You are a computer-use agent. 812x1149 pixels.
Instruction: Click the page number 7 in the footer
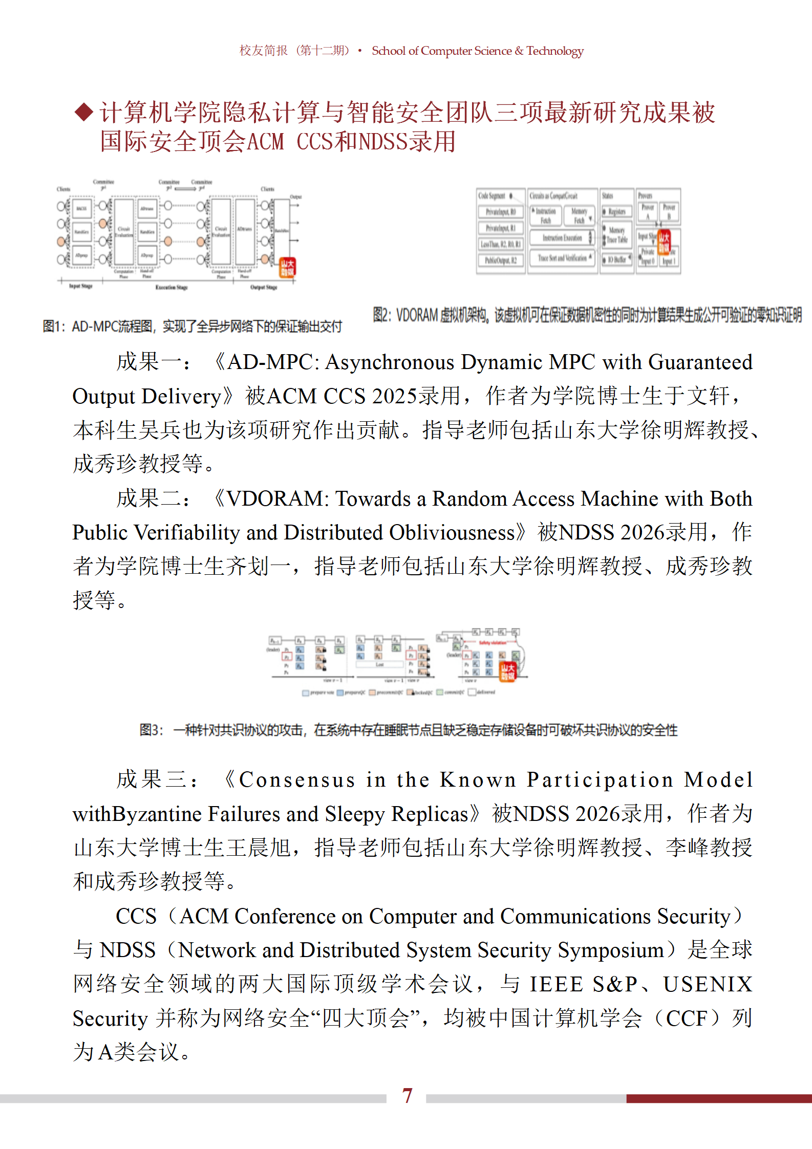pyautogui.click(x=407, y=1096)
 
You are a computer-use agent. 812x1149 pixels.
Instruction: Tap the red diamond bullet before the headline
pyautogui.click(x=83, y=112)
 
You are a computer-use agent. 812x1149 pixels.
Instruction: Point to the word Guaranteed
pyautogui.click(x=700, y=362)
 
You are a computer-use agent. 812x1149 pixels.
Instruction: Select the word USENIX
pyautogui.click(x=708, y=984)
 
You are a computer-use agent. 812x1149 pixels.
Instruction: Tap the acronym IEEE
pyautogui.click(x=556, y=984)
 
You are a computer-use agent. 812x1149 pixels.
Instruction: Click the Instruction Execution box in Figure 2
pyautogui.click(x=562, y=238)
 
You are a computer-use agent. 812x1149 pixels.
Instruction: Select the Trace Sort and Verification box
pyautogui.click(x=562, y=258)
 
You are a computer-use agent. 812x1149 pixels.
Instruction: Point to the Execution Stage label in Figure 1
pyautogui.click(x=172, y=288)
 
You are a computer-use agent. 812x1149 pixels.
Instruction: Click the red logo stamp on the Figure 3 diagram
pyautogui.click(x=507, y=671)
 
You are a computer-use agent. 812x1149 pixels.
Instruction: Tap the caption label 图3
pyautogui.click(x=151, y=730)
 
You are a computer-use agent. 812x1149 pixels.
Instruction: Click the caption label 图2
pyautogui.click(x=381, y=315)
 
